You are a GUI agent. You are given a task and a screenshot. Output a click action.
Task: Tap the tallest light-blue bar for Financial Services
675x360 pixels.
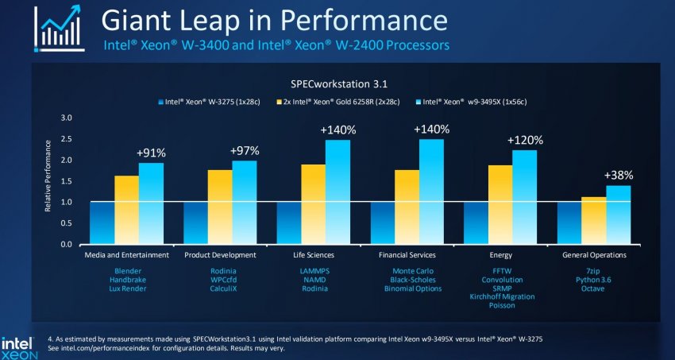click(x=431, y=192)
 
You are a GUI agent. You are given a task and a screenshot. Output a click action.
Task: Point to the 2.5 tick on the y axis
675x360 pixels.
click(x=67, y=139)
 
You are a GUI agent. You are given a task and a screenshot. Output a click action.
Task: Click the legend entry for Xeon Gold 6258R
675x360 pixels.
click(x=342, y=102)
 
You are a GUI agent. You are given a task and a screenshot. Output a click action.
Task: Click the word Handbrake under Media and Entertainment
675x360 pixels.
click(x=126, y=280)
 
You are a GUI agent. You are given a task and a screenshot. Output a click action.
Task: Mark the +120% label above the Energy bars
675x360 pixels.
click(x=525, y=139)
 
